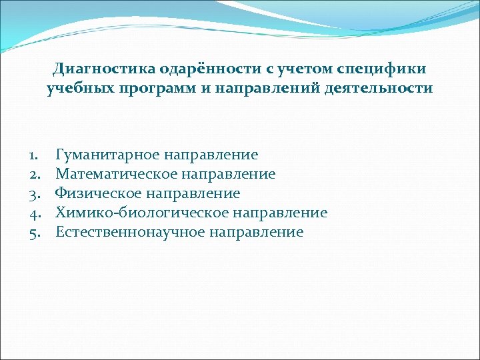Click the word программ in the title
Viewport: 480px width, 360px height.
click(158, 88)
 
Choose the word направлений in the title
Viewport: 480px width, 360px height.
click(265, 88)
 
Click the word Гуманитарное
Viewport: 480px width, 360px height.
click(107, 155)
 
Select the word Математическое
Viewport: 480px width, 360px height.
click(117, 175)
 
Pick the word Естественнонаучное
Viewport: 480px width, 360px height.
click(131, 233)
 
